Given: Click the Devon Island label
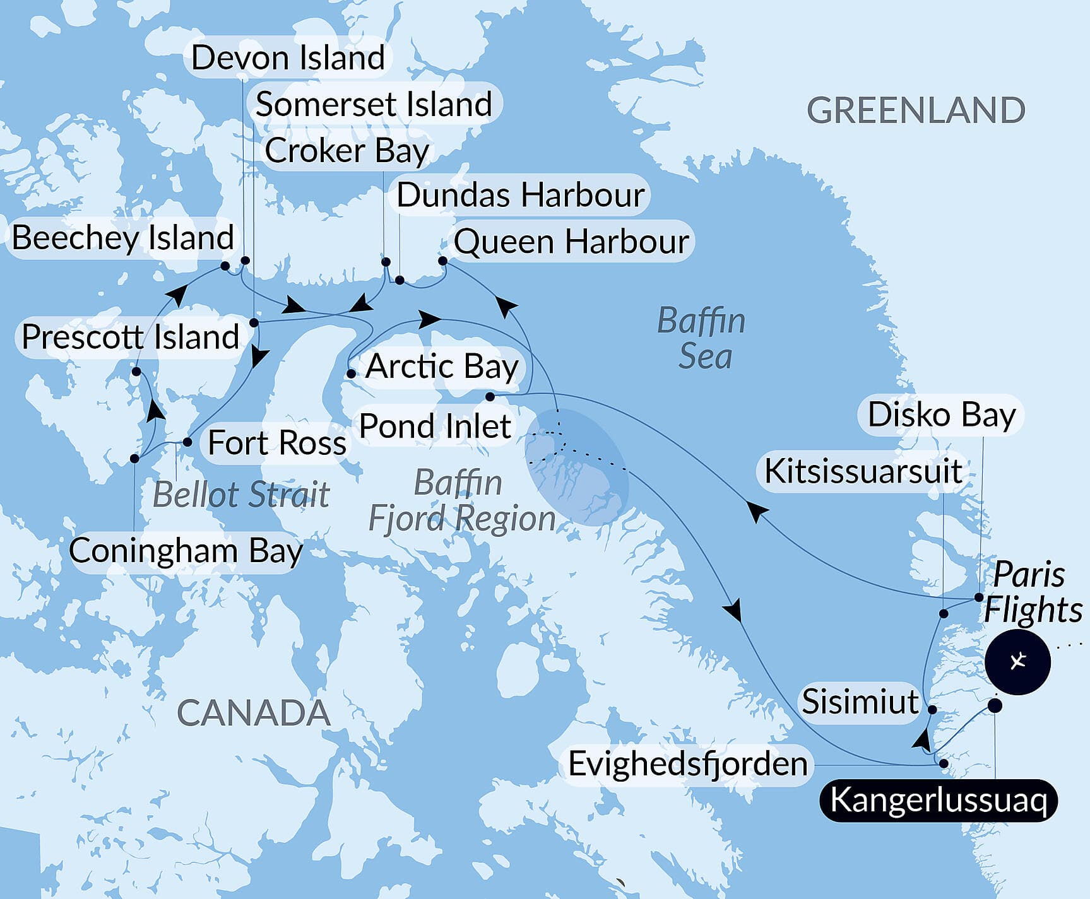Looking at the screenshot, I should [x=288, y=58].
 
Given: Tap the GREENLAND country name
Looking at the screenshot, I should [x=915, y=110].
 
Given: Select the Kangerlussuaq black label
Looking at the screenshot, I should [x=938, y=801].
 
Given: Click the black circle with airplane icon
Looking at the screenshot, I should [x=1017, y=662].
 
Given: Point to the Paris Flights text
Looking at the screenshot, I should [x=1032, y=593].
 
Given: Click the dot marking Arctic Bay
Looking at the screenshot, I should [x=351, y=373].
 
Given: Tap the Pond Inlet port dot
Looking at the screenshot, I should [x=490, y=397].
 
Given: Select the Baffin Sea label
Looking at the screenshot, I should [x=702, y=339].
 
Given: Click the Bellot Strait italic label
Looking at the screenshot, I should [x=241, y=494].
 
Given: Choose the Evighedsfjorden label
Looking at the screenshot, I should [x=687, y=764].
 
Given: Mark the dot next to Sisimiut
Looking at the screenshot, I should [x=932, y=709].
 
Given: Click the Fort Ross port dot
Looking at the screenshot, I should [x=187, y=442].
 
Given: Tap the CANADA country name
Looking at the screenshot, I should [x=254, y=713].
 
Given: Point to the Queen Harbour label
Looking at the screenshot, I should [x=571, y=242].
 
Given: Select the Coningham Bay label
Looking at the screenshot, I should [x=186, y=551].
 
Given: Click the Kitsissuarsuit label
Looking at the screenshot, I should [x=863, y=471].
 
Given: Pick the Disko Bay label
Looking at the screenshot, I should [x=941, y=415].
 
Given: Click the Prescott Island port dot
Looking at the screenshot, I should [x=136, y=372].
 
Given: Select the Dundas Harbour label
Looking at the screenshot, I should [x=520, y=195].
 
